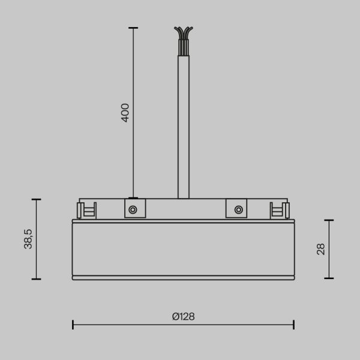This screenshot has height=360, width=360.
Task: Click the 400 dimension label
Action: (125, 113)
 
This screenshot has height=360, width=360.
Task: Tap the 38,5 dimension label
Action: (28, 239)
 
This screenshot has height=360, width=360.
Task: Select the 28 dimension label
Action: (320, 249)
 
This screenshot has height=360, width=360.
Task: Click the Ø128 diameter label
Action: (183, 316)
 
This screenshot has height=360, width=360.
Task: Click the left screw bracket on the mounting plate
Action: (133, 209)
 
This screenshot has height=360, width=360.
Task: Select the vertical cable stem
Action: (183, 126)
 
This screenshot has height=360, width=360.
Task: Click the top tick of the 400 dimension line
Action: (133, 28)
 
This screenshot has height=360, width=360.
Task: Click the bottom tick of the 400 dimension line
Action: (133, 197)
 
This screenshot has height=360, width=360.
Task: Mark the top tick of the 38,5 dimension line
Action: (37, 199)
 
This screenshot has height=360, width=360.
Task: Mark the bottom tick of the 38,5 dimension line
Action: (37, 279)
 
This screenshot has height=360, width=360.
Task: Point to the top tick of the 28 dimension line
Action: (329, 220)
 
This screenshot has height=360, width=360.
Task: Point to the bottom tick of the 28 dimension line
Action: (329, 278)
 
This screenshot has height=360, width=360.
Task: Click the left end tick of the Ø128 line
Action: (73, 325)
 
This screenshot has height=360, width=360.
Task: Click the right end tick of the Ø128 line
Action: (293, 325)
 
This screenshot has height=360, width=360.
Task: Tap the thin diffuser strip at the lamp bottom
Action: (183, 278)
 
